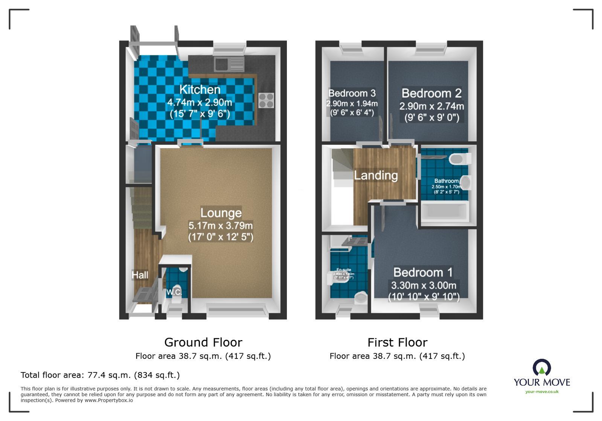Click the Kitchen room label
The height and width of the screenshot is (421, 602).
click(200, 90)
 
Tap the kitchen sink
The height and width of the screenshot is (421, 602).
click(229, 64)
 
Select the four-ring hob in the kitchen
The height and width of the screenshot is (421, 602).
click(266, 100)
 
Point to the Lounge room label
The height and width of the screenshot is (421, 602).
click(221, 213)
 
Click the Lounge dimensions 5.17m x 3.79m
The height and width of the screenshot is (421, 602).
click(221, 226)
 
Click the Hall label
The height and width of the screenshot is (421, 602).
click(140, 275)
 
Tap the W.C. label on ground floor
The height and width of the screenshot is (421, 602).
click(174, 292)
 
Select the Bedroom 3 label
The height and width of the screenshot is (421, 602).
click(352, 93)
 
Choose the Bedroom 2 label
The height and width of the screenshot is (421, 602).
click(431, 93)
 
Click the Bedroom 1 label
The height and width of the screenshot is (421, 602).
click(423, 272)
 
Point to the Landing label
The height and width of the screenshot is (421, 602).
click(376, 175)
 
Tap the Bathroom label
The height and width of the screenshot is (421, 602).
click(447, 181)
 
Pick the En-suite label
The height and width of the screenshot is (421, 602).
click(344, 270)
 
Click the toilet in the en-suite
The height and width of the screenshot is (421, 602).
click(361, 299)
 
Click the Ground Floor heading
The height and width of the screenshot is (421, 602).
click(203, 342)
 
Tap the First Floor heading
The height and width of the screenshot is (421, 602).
click(397, 342)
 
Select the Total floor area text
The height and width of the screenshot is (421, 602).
click(100, 375)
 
